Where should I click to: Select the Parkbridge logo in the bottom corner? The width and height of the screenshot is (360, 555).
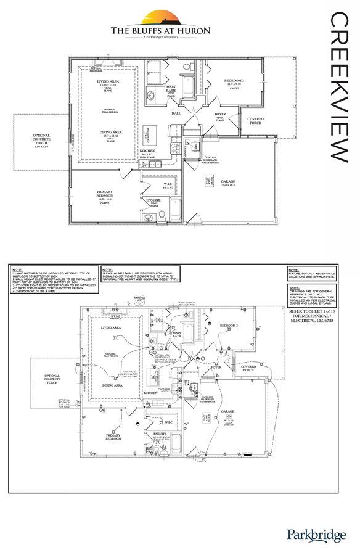click(316, 535)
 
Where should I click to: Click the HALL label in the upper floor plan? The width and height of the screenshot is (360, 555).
click(176, 113)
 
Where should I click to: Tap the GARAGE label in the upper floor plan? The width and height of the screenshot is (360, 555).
click(228, 181)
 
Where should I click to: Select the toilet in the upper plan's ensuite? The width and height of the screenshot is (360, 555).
click(162, 214)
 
